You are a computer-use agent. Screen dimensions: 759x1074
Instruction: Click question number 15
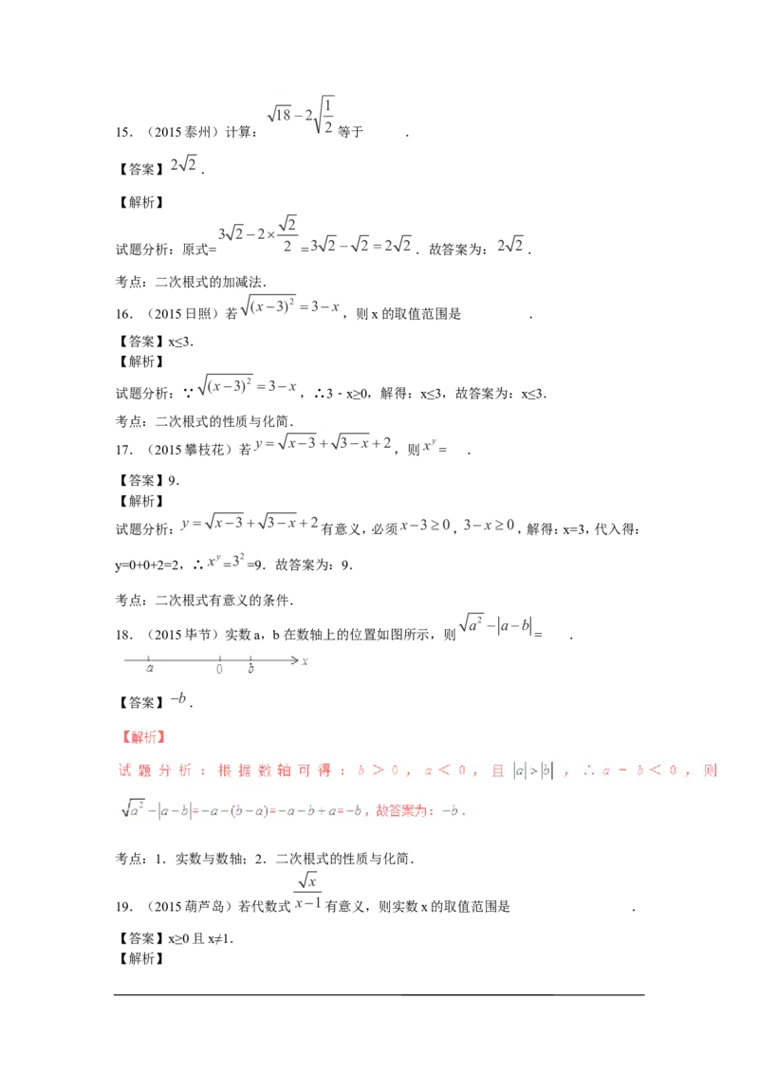click(123, 132)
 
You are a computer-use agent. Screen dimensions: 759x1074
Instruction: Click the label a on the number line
click(150, 668)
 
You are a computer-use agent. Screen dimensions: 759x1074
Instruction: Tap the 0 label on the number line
click(219, 669)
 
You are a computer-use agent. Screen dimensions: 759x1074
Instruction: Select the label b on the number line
click(250, 668)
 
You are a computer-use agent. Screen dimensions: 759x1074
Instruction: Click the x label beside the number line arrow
click(305, 661)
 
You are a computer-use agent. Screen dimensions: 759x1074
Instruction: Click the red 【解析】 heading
click(143, 737)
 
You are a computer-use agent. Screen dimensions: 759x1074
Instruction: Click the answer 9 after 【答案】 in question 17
click(172, 480)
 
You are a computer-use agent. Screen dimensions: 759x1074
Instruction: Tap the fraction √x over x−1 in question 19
click(307, 892)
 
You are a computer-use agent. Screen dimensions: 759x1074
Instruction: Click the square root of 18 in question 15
click(280, 115)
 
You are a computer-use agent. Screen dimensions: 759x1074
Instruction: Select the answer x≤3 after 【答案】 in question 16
click(179, 342)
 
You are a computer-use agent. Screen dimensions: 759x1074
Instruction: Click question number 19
click(123, 907)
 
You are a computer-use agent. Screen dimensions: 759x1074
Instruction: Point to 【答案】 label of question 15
click(141, 169)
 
